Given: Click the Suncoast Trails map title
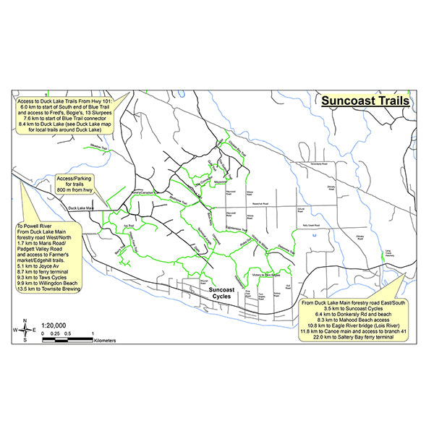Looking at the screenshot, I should click(365, 101).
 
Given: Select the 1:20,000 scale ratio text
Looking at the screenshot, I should click(56, 326).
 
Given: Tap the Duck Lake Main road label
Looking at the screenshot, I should click(81, 209).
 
